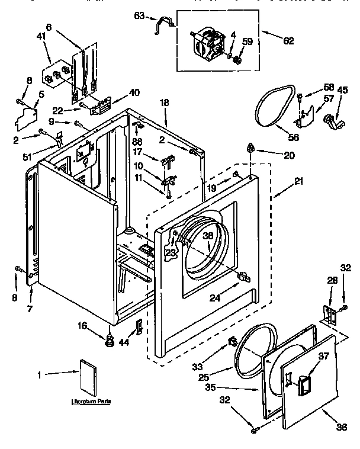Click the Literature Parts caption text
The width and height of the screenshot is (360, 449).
click(92, 402)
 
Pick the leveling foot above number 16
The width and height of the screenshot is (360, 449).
click(109, 339)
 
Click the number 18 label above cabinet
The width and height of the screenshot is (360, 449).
click(165, 103)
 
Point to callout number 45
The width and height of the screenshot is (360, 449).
click(343, 90)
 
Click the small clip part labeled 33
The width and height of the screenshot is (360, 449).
click(233, 341)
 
